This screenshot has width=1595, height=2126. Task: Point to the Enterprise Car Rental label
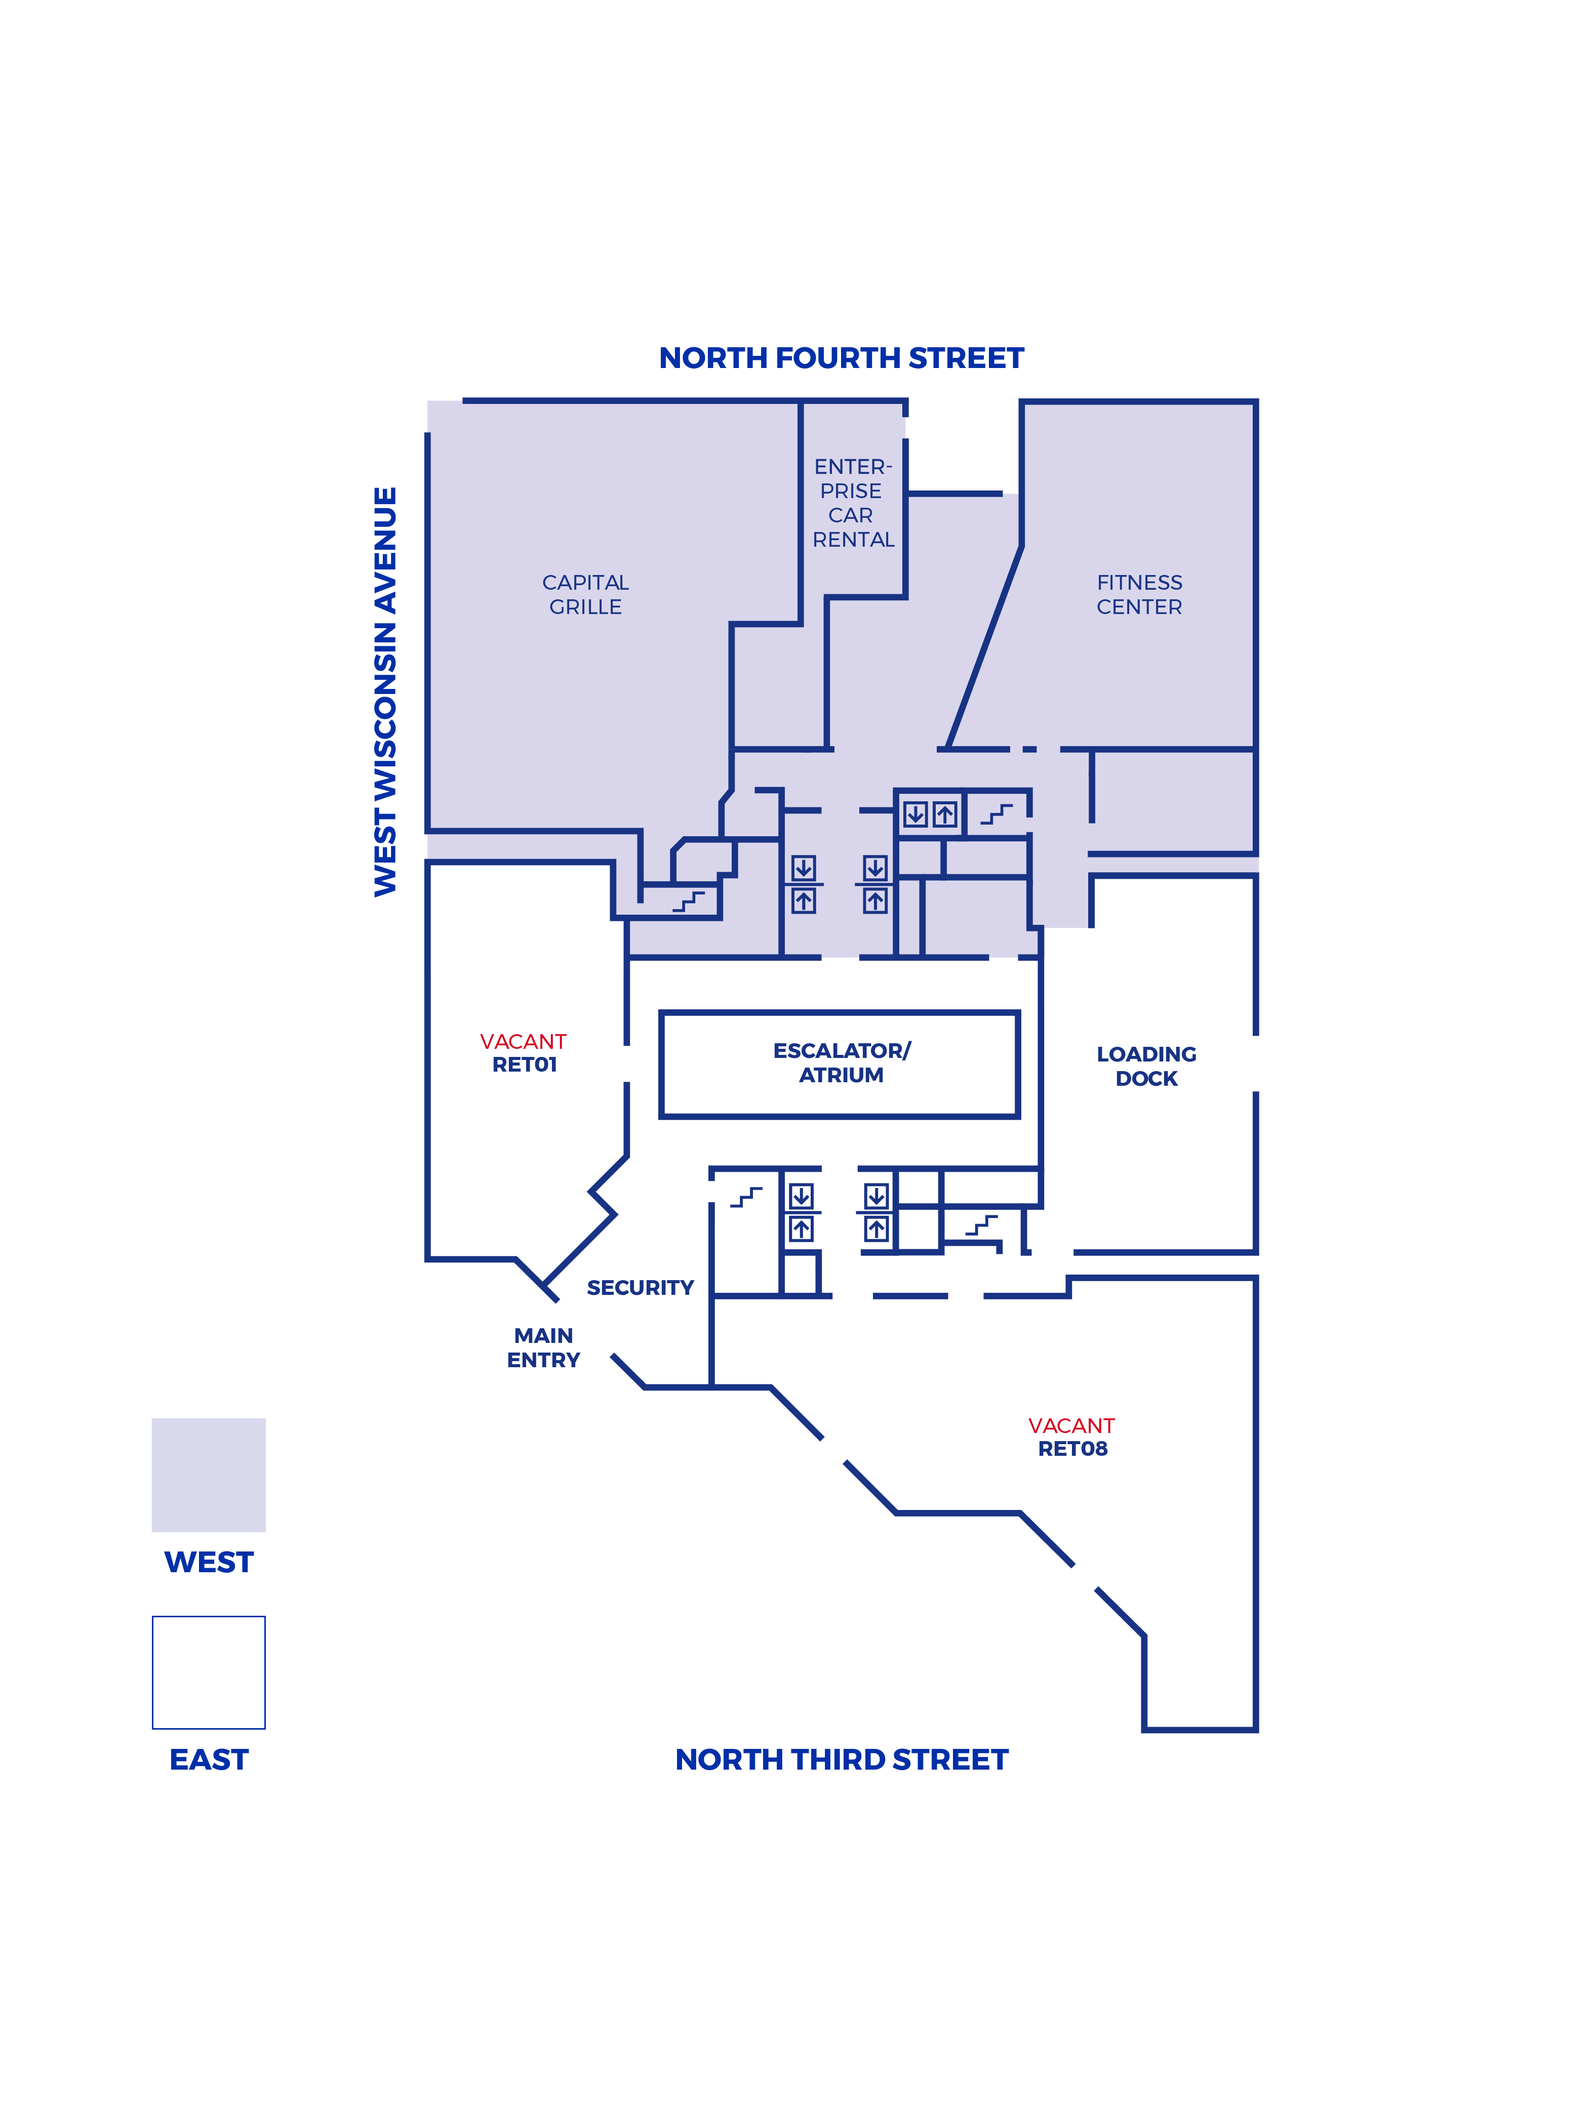click(x=853, y=503)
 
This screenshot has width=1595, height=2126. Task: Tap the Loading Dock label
click(x=1146, y=1066)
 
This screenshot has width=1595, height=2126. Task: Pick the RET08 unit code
click(x=1072, y=1448)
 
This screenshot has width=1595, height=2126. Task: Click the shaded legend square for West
click(x=209, y=1475)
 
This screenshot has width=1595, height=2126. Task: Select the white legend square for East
click(x=209, y=1672)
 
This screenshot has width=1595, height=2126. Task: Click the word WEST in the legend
click(x=209, y=1562)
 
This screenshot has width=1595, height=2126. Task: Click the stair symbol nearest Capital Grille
click(x=688, y=902)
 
